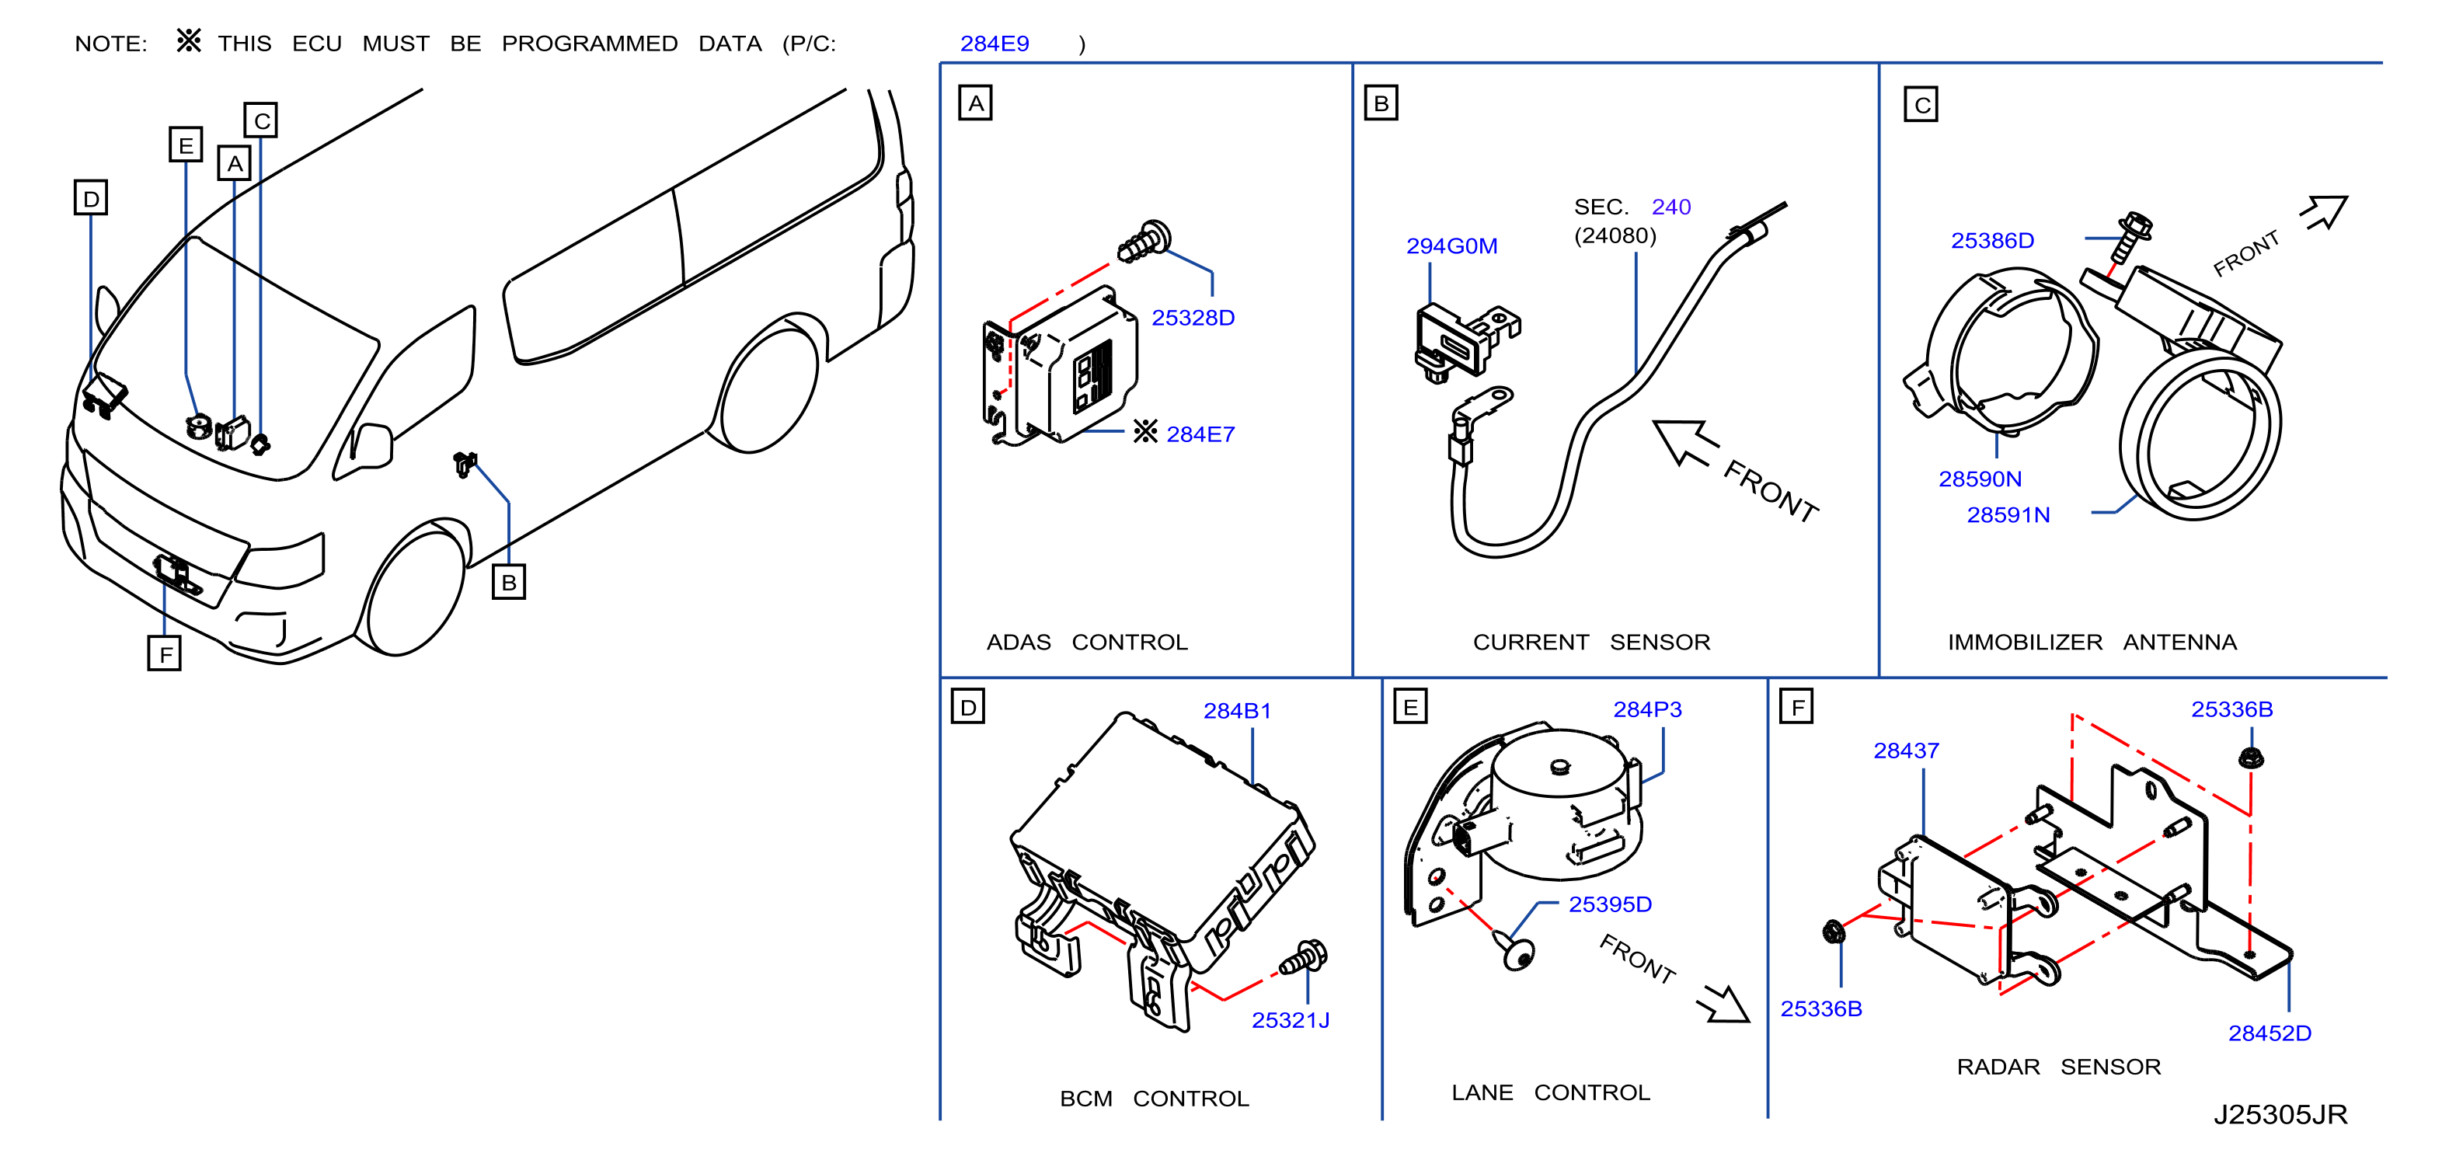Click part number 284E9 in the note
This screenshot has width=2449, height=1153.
(995, 44)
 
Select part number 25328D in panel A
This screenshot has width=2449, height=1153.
(1193, 318)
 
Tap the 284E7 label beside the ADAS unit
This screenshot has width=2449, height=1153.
(1200, 434)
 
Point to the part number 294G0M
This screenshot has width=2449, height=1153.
(1451, 246)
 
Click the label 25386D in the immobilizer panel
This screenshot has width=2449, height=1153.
(1993, 241)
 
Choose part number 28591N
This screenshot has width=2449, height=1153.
(2008, 515)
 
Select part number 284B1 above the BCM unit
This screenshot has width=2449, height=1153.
(1237, 711)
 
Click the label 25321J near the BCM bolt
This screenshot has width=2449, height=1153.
(1290, 1020)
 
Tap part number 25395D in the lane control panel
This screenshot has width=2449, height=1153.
(1610, 904)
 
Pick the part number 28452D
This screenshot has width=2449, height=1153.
(2270, 1033)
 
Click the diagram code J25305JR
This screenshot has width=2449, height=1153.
(2280, 1114)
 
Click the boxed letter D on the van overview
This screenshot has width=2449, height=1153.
(91, 197)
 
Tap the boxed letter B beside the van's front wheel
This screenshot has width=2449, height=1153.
(509, 582)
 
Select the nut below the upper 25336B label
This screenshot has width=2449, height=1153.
(2250, 758)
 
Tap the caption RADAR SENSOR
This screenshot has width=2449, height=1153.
(2058, 1067)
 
